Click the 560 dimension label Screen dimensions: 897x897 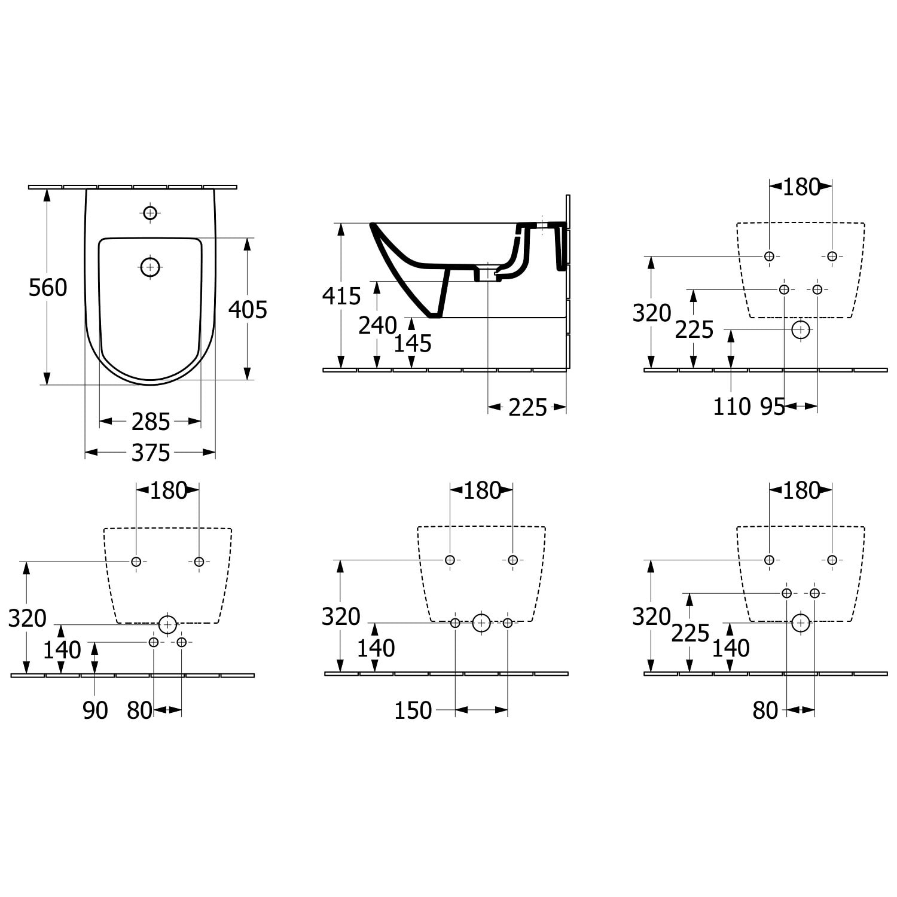point(48,288)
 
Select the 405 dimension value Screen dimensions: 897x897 point(248,310)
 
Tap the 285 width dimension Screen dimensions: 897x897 point(151,422)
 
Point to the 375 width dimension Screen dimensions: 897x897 point(151,453)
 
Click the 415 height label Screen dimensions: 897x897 point(341,296)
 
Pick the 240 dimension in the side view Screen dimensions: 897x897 point(377,325)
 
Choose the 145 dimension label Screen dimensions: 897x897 point(413,343)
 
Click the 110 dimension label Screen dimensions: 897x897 point(731,407)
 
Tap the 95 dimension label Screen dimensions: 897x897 point(773,407)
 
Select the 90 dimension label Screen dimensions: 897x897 point(95,710)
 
